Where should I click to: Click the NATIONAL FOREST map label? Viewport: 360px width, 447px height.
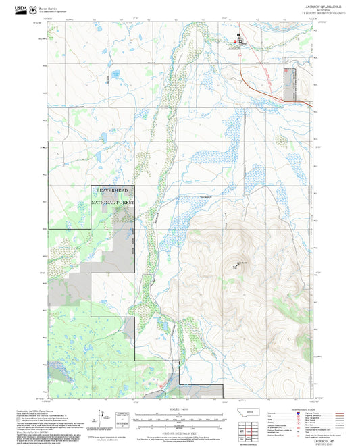coord(113,202)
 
